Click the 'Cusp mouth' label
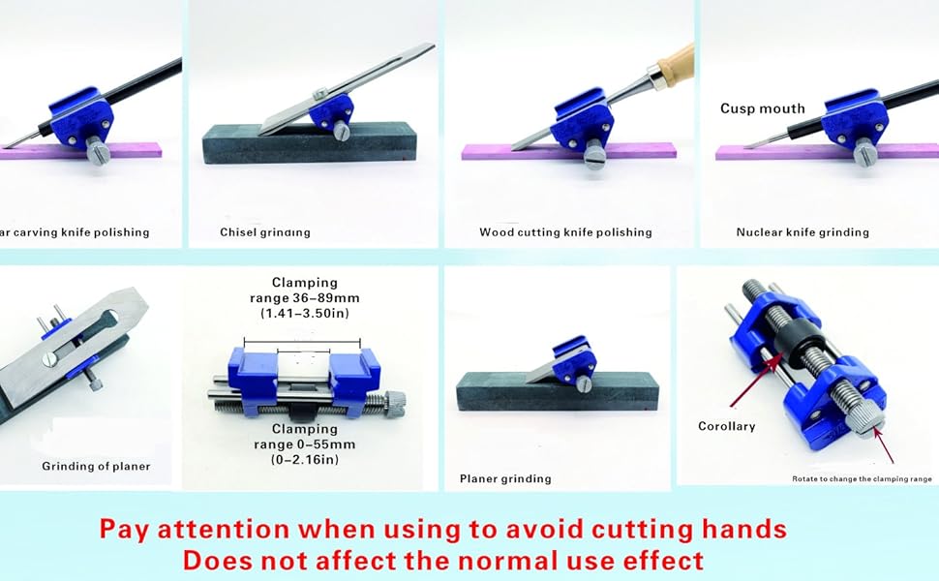pos(762,108)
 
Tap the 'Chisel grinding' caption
pos(264,232)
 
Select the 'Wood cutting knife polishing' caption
pos(565,232)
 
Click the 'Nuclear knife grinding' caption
pos(803,232)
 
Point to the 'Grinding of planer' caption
pos(96,466)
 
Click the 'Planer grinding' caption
pos(505,478)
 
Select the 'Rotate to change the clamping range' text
pos(862,478)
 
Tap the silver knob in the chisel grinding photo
pos(344,132)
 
